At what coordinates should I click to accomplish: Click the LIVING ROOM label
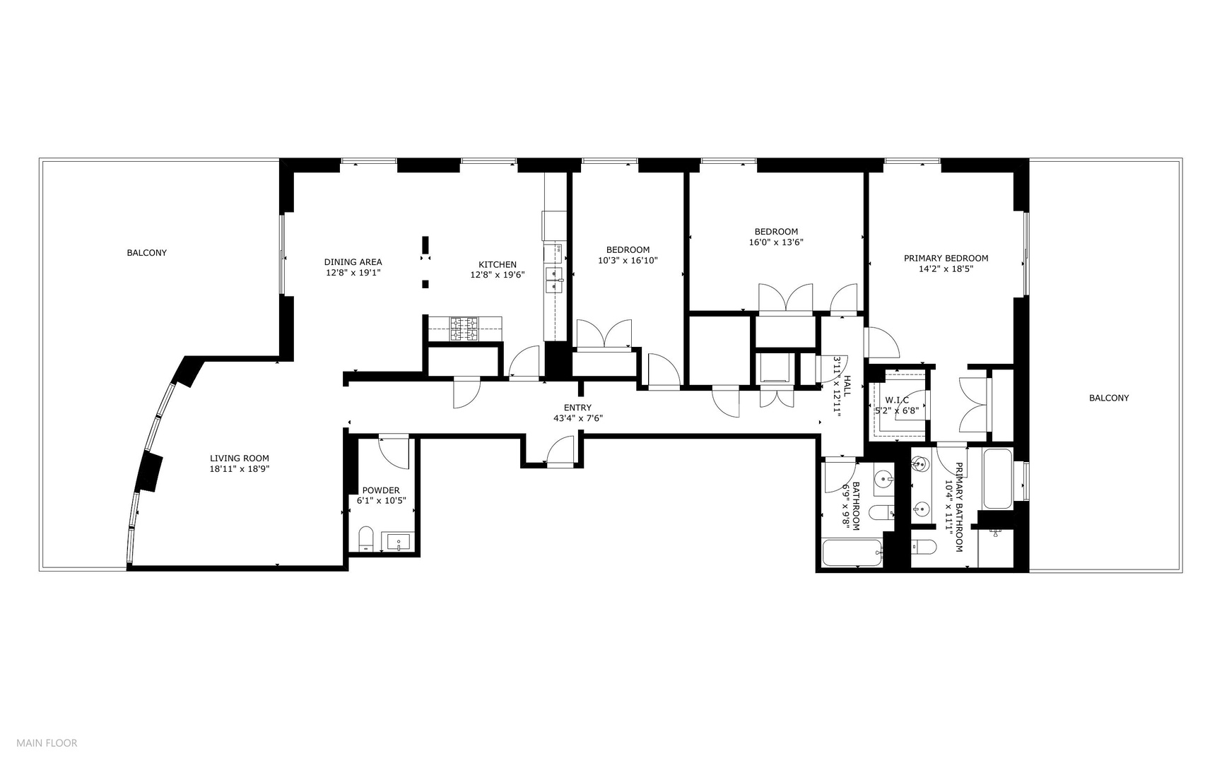pos(239,458)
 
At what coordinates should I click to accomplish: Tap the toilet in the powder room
pos(365,538)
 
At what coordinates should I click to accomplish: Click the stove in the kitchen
pos(464,327)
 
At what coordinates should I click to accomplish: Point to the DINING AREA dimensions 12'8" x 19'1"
pos(353,272)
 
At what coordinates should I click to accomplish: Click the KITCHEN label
pos(498,265)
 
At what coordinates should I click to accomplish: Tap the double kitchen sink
pos(553,280)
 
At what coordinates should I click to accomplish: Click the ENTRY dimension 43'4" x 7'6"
pos(577,418)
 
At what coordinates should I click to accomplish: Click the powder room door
pos(394,452)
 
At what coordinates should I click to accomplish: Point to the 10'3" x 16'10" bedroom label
pos(628,259)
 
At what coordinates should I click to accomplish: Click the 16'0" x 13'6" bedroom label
pos(776,242)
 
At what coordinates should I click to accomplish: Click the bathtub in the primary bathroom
pos(997,478)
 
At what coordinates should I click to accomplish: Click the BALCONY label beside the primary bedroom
pos(1108,398)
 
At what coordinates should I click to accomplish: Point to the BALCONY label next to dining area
pos(146,252)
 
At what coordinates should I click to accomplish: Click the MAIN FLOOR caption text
pos(47,743)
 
